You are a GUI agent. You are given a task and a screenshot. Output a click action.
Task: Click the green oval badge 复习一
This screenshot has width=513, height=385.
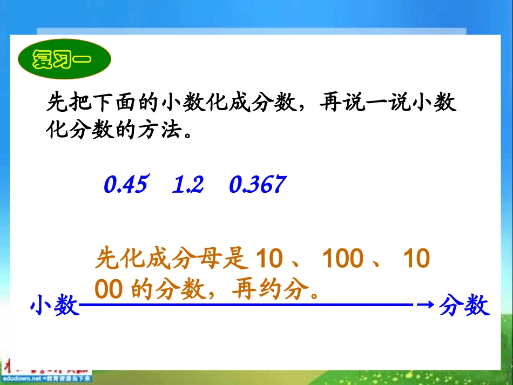coord(64,58)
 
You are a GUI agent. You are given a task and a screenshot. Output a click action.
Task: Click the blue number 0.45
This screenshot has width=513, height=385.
coord(125,185)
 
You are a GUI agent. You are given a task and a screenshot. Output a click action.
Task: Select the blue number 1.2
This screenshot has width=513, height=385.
coord(187,185)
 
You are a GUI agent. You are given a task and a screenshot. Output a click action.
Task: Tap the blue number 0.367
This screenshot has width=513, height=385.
coord(256,185)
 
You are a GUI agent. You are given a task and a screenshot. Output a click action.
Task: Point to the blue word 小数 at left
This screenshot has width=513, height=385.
coord(55,307)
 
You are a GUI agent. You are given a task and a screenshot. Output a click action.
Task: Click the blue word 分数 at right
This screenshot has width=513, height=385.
coord(464,306)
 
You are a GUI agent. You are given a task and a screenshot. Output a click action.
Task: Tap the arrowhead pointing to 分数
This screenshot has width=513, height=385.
coord(426,305)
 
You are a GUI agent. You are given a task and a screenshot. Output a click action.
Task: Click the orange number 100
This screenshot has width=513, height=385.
coord(342,260)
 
